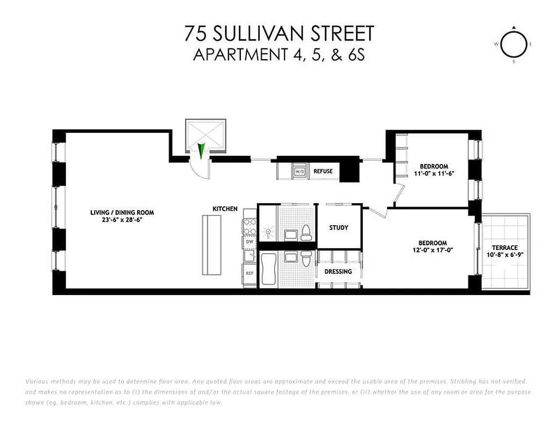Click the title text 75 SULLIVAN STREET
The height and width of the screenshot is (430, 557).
(278, 33)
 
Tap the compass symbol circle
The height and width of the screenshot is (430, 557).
(514, 46)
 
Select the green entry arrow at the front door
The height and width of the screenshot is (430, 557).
(201, 150)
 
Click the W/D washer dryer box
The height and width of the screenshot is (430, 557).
(299, 171)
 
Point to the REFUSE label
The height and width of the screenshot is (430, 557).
(323, 171)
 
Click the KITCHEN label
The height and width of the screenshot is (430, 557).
(225, 209)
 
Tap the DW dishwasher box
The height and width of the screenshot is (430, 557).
(249, 242)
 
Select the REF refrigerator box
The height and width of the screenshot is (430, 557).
(249, 273)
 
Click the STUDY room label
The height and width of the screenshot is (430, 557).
(339, 227)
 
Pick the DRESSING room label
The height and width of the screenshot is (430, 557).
(338, 271)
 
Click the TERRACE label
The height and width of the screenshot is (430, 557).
(505, 248)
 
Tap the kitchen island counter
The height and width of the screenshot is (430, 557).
(210, 245)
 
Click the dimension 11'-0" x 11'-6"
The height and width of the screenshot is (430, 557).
(434, 173)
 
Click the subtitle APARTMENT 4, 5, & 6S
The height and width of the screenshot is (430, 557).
(279, 55)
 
